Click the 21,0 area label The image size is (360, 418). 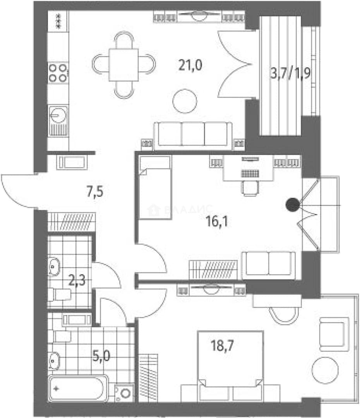(190, 65)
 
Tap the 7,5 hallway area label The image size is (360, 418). (95, 192)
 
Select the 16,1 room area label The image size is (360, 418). (217, 221)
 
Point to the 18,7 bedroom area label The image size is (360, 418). (222, 346)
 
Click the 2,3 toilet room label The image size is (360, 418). (77, 281)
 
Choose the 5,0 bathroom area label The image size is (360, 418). (101, 356)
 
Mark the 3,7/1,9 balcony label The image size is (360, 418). (290, 73)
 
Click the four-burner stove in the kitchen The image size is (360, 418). (58, 73)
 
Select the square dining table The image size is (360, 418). (123, 65)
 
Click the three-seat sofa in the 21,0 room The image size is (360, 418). (193, 135)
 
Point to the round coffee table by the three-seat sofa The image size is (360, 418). (185, 101)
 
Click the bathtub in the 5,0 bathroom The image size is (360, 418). (78, 388)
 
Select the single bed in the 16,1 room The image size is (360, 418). (155, 188)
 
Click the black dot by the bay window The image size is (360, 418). (293, 205)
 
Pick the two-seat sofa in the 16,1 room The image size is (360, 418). (268, 265)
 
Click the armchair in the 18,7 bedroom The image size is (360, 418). (334, 334)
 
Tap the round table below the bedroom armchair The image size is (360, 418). (325, 370)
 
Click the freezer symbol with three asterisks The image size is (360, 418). (58, 21)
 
